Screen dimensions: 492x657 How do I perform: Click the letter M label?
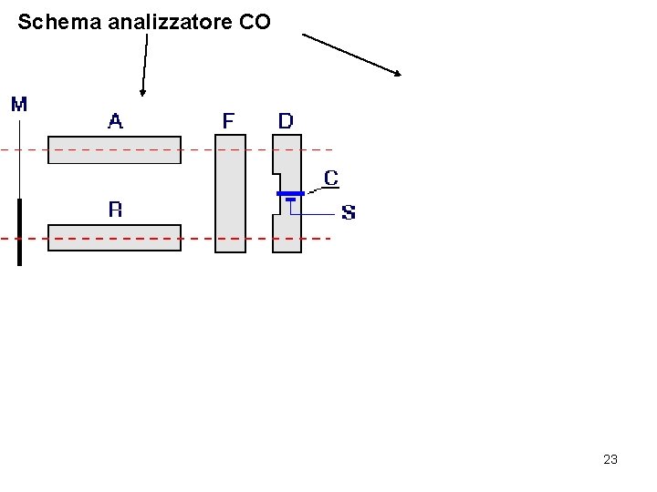pyautogui.click(x=19, y=104)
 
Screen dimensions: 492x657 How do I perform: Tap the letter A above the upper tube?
pyautogui.click(x=116, y=120)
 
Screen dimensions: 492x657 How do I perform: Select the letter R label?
pyautogui.click(x=116, y=210)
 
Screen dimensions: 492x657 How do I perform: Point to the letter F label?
pyautogui.click(x=228, y=120)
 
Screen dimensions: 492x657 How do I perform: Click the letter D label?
pyautogui.click(x=286, y=120)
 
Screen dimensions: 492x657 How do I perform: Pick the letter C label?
pyautogui.click(x=331, y=179)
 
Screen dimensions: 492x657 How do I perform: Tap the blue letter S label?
pyautogui.click(x=349, y=213)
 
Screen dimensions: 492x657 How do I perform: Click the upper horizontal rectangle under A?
pyautogui.click(x=114, y=149)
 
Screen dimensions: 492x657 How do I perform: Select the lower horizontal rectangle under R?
pyautogui.click(x=114, y=237)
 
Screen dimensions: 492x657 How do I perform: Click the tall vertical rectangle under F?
pyautogui.click(x=230, y=193)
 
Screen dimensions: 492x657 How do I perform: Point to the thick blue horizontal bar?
pyautogui.click(x=290, y=194)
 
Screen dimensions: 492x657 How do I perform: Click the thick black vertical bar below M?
pyautogui.click(x=18, y=232)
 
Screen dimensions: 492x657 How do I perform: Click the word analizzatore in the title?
pyautogui.click(x=170, y=22)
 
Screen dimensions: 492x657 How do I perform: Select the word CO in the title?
pyautogui.click(x=255, y=22)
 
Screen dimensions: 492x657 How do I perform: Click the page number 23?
pyautogui.click(x=610, y=459)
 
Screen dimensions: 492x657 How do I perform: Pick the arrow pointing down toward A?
pyautogui.click(x=144, y=64)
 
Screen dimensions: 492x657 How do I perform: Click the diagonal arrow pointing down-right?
pyautogui.click(x=351, y=55)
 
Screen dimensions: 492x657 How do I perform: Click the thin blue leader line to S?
pyautogui.click(x=315, y=214)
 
